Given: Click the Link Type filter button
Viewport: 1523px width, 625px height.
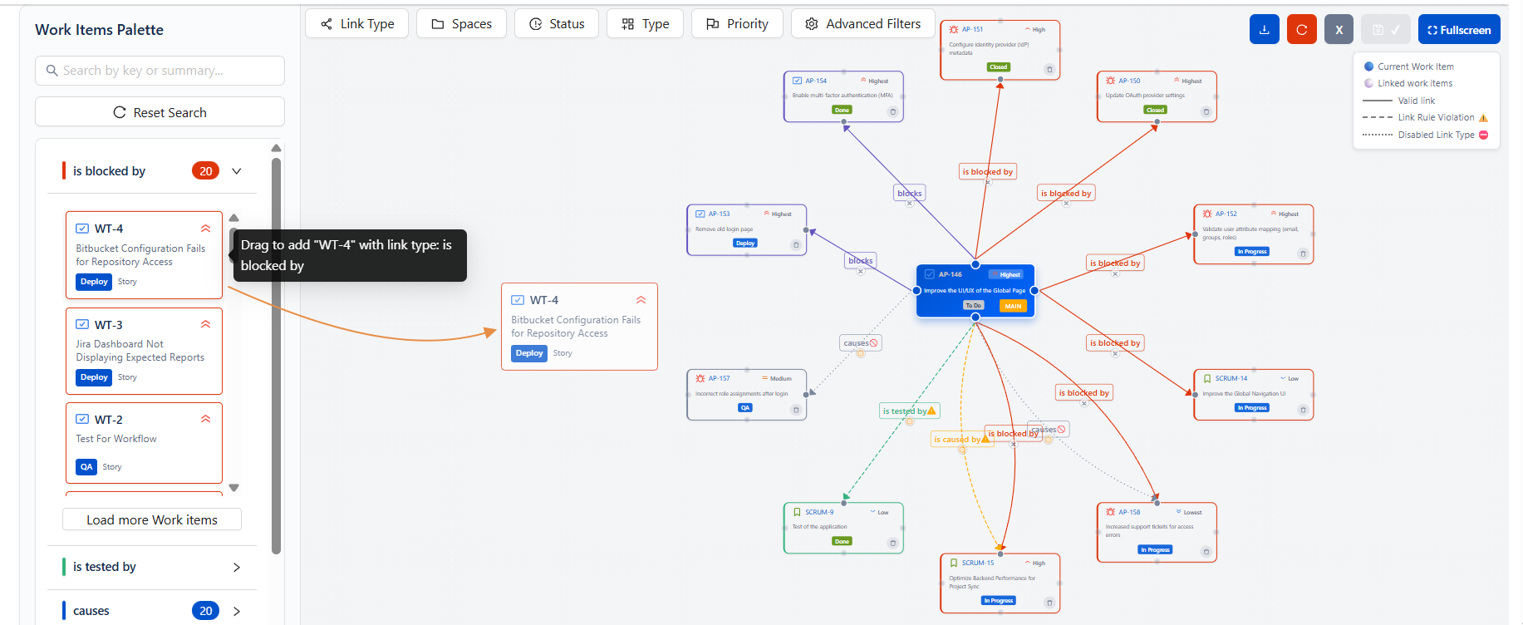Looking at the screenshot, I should [x=356, y=24].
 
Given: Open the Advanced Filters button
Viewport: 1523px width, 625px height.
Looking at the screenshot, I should [x=862, y=24].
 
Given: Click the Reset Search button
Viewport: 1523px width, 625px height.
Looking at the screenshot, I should [x=160, y=112].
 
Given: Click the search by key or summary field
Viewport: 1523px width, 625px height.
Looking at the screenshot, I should [x=160, y=71].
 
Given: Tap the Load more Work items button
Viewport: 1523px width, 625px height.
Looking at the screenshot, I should [x=152, y=519].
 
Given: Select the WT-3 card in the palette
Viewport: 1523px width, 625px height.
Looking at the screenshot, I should [x=144, y=351].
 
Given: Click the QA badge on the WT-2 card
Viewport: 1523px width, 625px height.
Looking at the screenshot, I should [x=86, y=467].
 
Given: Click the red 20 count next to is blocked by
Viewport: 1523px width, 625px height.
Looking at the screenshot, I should [x=205, y=171].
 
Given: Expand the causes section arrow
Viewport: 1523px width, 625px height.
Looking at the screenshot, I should [x=237, y=611].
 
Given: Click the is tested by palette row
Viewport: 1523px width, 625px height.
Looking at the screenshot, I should [x=150, y=567].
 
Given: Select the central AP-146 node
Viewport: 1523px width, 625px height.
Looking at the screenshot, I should [x=975, y=290].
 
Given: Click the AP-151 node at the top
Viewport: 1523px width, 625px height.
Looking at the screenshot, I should [x=1000, y=50].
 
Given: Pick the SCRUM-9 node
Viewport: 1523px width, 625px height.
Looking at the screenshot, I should [x=843, y=527].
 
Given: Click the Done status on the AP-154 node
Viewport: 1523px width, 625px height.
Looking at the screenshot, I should [x=842, y=110].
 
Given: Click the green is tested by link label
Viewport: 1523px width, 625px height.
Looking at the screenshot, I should [x=905, y=411].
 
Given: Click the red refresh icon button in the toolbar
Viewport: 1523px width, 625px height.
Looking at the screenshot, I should [x=1301, y=30].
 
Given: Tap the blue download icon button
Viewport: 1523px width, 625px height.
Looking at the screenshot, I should [x=1264, y=30].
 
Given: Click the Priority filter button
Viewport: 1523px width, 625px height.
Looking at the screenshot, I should [x=736, y=24].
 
